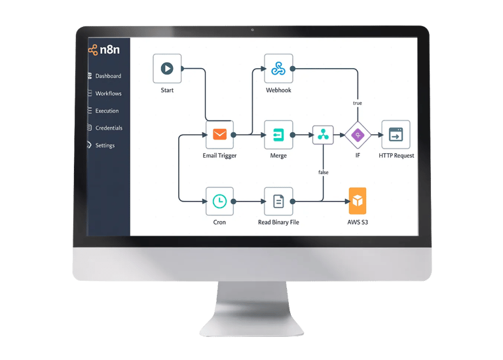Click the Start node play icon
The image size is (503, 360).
click(167, 68)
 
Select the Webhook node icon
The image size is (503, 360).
click(278, 68)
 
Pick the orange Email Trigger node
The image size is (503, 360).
click(219, 135)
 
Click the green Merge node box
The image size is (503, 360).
click(278, 135)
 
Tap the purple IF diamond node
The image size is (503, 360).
click(358, 135)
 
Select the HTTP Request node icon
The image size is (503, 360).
click(396, 135)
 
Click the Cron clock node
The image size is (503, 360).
click(219, 202)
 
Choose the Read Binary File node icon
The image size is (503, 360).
click(278, 202)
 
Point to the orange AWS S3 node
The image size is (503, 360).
click(358, 202)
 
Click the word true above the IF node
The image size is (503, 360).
click(358, 103)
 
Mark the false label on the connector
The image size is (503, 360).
click(323, 172)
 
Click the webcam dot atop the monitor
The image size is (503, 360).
click(252, 30)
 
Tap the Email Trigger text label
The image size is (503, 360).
click(219, 156)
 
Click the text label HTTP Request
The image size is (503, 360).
click(396, 156)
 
